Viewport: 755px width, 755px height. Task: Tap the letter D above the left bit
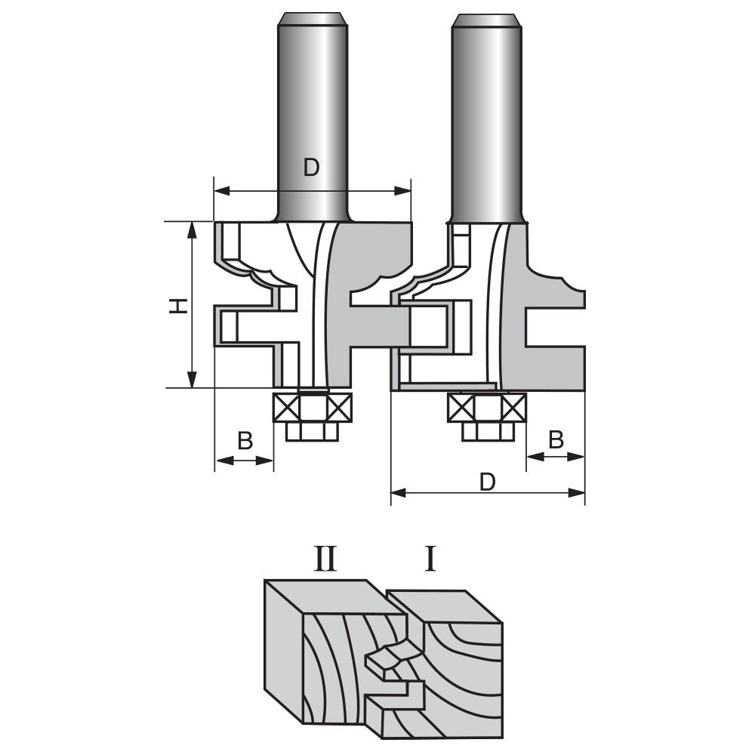[x=311, y=168]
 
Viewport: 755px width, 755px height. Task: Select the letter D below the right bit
[x=488, y=481]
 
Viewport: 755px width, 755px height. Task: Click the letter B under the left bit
[x=245, y=441]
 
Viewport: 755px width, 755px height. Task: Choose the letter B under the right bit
[x=556, y=439]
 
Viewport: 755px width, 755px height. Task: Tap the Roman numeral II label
[x=325, y=560]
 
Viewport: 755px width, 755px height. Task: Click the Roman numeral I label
[x=430, y=560]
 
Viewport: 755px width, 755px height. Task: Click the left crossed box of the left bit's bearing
[x=287, y=408]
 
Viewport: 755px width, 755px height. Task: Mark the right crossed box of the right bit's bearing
[x=513, y=408]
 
